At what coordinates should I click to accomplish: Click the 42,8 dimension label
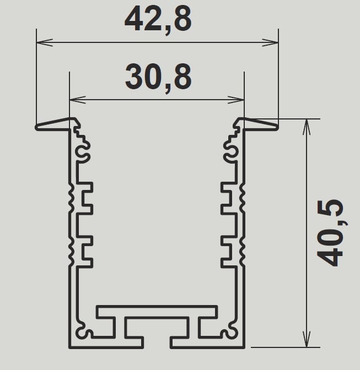click(x=158, y=19)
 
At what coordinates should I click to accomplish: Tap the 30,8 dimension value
click(x=158, y=78)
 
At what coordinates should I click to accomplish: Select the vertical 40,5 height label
click(x=330, y=233)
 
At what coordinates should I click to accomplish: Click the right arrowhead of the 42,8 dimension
click(x=270, y=42)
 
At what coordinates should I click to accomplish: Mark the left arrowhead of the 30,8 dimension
click(x=78, y=100)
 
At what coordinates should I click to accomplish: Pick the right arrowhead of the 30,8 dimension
click(x=235, y=100)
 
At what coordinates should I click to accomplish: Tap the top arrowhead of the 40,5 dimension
click(x=307, y=127)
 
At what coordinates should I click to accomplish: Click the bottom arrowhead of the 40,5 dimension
click(x=307, y=339)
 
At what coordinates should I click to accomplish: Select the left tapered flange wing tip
click(x=36, y=127)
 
